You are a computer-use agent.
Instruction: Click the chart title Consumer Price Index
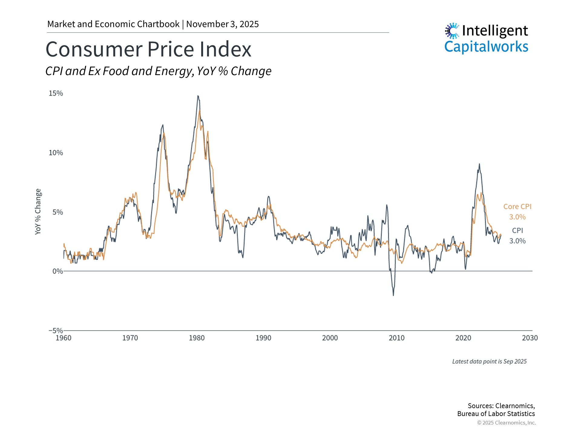148,49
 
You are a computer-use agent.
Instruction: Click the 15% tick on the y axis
56,93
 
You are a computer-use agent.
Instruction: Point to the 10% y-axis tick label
56,153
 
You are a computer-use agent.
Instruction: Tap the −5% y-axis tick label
56,330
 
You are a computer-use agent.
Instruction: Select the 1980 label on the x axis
197,338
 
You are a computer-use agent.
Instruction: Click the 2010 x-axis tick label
396,338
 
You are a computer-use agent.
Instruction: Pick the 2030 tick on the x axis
530,338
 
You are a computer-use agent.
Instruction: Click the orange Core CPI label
517,206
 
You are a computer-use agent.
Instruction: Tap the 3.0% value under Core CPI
517,217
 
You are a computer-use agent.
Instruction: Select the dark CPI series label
517,230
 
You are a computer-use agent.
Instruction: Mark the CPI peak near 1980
198,96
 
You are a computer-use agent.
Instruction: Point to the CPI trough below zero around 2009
393,295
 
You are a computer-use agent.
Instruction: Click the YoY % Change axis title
38,211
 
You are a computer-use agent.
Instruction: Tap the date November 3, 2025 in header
222,24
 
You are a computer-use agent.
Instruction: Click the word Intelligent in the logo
495,31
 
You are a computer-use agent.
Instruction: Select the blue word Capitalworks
486,47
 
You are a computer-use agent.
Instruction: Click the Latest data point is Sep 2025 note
489,362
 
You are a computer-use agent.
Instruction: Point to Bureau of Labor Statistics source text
496,414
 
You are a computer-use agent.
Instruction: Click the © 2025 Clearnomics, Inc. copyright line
506,423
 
